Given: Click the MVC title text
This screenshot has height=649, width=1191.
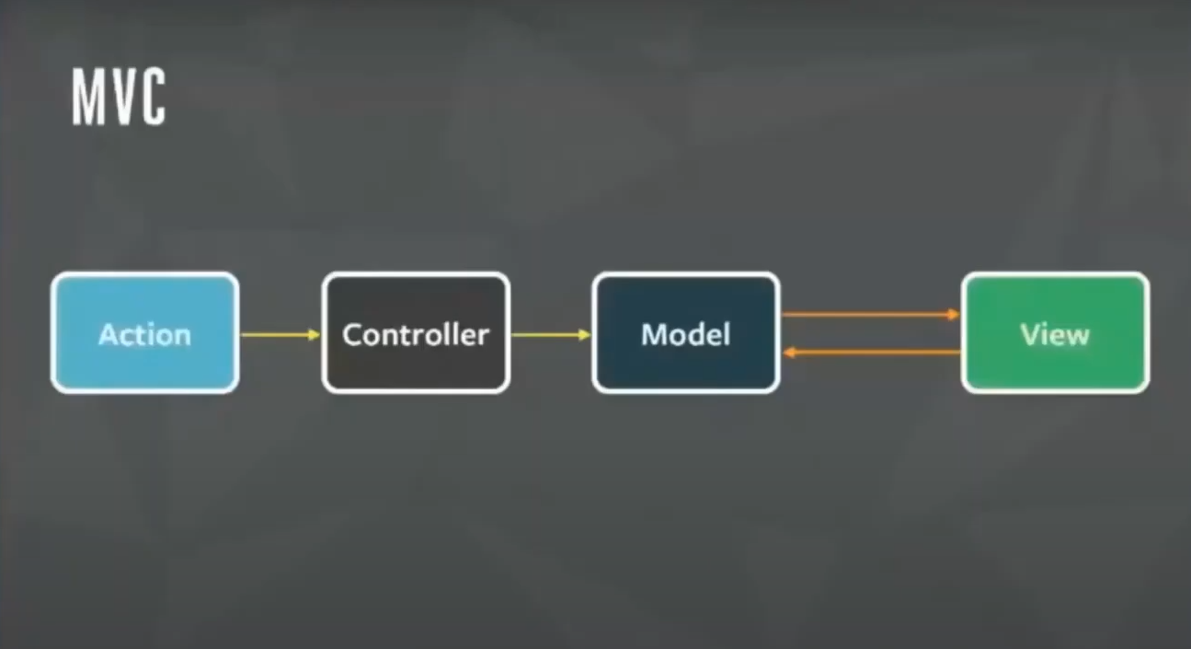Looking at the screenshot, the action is click(x=119, y=98).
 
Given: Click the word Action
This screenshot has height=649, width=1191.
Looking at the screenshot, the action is click(x=144, y=334).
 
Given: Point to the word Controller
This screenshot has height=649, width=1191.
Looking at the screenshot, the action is click(x=416, y=334).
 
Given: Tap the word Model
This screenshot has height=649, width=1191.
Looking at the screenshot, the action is click(x=686, y=334).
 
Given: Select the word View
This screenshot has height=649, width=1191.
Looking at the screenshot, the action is click(x=1055, y=334).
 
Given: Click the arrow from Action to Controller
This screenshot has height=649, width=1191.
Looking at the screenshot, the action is click(x=279, y=334).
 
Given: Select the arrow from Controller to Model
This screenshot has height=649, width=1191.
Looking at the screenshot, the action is click(x=549, y=334).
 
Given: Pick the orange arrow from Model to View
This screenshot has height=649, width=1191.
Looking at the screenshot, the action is click(x=869, y=315).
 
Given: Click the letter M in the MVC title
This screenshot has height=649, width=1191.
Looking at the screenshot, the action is click(x=87, y=98).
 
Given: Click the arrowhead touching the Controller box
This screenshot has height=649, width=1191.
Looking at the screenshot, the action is click(x=315, y=334).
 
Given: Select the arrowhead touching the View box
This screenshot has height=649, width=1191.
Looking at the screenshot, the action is click(x=955, y=315).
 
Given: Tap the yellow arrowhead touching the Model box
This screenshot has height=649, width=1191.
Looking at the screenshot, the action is click(x=586, y=334).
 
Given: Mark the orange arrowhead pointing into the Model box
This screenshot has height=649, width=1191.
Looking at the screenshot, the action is click(x=788, y=352).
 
